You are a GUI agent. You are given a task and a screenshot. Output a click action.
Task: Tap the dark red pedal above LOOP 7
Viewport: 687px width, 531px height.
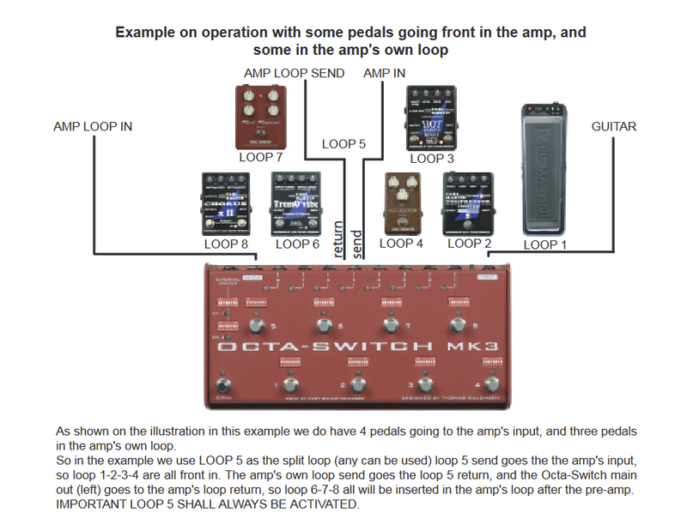[x=262, y=117]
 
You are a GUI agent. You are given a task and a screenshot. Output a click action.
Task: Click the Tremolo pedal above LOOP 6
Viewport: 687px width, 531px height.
[x=296, y=203]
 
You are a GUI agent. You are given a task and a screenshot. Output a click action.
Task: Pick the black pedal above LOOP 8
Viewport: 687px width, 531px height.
[x=225, y=203]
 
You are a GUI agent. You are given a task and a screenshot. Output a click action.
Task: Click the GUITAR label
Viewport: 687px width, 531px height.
[x=614, y=127]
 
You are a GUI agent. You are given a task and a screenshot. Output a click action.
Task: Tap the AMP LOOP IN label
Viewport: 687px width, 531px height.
[x=93, y=127]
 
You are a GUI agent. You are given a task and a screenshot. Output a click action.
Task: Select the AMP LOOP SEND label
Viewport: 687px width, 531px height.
[x=294, y=74]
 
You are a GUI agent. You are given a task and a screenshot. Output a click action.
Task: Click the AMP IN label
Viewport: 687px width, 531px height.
[x=385, y=74]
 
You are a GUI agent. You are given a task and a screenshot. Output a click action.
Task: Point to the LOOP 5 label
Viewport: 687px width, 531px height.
[x=343, y=143]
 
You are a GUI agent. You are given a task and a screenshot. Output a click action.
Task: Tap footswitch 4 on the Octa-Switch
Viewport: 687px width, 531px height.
[x=491, y=383]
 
